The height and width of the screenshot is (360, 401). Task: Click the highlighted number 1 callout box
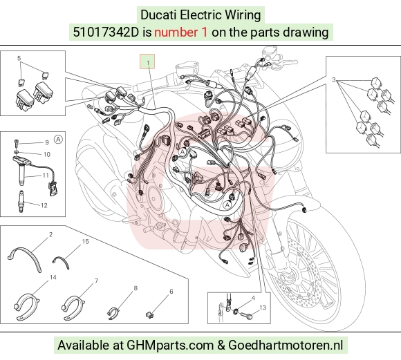click(x=147, y=61)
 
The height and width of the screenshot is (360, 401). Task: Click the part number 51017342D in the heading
click(x=106, y=32)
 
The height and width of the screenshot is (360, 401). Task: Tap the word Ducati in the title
click(x=159, y=15)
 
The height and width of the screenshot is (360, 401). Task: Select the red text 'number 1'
click(x=180, y=32)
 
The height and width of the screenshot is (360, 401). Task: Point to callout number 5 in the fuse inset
click(x=19, y=58)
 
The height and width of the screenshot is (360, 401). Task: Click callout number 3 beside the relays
click(x=333, y=79)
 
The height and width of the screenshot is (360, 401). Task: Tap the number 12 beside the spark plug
click(x=44, y=205)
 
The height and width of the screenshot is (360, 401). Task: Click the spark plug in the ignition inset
click(x=21, y=202)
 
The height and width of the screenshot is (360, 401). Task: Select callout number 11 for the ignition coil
click(x=46, y=176)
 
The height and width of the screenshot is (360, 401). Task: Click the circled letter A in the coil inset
click(x=58, y=140)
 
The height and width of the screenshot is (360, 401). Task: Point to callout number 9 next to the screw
click(x=47, y=142)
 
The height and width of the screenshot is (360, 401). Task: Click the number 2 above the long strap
click(x=51, y=234)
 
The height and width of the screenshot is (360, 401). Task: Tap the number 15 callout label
click(x=86, y=241)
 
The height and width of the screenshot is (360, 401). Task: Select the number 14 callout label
click(x=53, y=277)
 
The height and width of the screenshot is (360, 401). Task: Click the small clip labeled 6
click(x=149, y=315)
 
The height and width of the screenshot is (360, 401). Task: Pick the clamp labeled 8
click(x=113, y=313)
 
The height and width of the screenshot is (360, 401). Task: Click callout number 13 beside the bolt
click(x=263, y=307)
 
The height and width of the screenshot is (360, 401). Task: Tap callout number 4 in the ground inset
click(x=253, y=298)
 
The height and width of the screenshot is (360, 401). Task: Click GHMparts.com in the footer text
click(x=170, y=345)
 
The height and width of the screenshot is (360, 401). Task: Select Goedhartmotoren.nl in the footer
click(x=286, y=345)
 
